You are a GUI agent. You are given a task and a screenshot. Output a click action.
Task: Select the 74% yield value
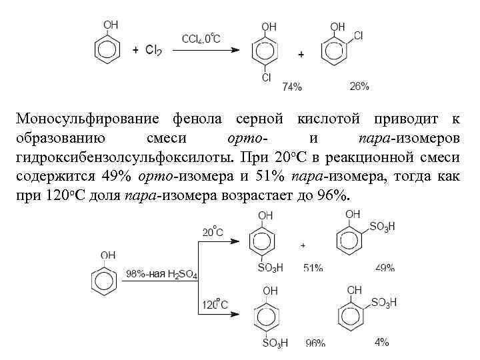pyautogui.click(x=292, y=87)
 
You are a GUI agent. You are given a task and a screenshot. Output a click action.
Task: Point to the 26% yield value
pyautogui.click(x=359, y=86)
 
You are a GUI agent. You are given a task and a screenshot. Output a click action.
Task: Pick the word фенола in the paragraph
pyautogui.click(x=199, y=119)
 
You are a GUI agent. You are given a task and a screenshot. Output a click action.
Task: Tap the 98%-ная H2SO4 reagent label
pyautogui.click(x=161, y=274)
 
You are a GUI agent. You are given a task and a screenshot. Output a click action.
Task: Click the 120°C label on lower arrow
pyautogui.click(x=215, y=305)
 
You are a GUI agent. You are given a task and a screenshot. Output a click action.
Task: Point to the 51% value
pyautogui.click(x=313, y=267)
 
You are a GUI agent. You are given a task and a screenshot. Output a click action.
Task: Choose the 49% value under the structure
pyautogui.click(x=385, y=267)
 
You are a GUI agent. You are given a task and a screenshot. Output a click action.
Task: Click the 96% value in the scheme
pyautogui.click(x=315, y=343)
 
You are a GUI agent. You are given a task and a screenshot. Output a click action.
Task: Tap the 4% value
pyautogui.click(x=382, y=341)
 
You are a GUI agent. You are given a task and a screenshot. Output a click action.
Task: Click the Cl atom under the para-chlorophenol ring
pyautogui.click(x=267, y=78)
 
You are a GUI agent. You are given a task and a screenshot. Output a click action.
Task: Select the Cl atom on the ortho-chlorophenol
pyautogui.click(x=358, y=35)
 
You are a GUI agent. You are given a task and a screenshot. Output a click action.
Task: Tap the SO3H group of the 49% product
pyautogui.click(x=383, y=227)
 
